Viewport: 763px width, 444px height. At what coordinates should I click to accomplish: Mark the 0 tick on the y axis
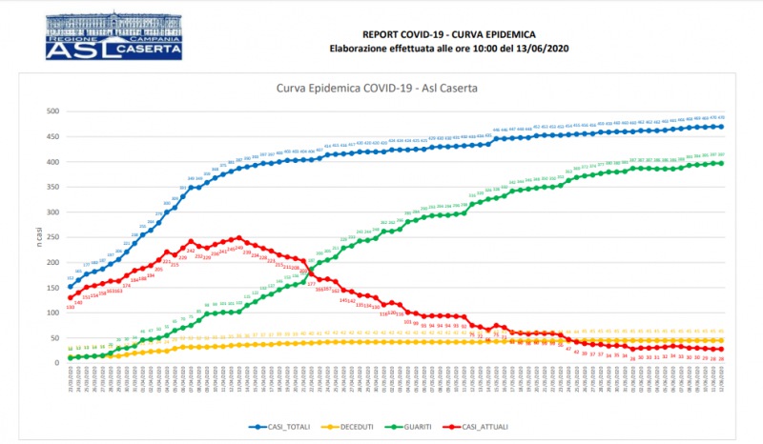(x=56, y=363)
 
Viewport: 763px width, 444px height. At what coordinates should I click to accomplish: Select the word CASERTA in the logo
(x=147, y=47)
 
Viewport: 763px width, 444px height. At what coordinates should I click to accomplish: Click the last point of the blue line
(x=720, y=127)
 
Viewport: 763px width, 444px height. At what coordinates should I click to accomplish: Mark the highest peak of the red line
(x=238, y=238)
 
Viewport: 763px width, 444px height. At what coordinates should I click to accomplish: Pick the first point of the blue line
(x=70, y=287)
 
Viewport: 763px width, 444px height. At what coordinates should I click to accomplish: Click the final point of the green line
(x=720, y=163)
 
